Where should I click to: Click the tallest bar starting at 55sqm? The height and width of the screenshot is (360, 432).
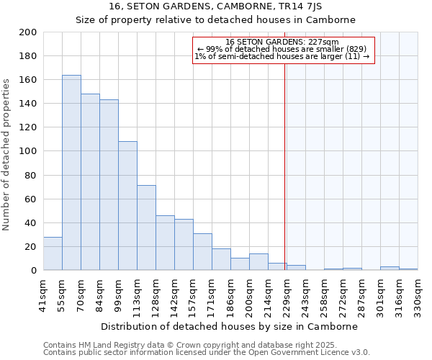click(x=71, y=173)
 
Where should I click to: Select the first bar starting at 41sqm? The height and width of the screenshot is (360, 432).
click(x=53, y=253)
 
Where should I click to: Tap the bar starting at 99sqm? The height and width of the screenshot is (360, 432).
click(x=127, y=206)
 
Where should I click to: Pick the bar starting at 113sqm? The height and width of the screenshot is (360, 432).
click(x=146, y=228)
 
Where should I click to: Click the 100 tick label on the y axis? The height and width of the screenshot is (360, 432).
click(x=28, y=151)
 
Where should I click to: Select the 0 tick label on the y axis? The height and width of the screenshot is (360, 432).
click(x=33, y=271)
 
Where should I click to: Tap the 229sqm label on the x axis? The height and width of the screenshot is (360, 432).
click(x=287, y=294)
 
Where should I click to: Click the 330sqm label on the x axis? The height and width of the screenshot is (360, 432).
click(x=418, y=294)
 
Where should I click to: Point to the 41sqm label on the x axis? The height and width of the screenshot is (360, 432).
click(x=43, y=294)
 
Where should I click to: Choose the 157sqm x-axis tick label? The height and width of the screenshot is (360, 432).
click(x=193, y=294)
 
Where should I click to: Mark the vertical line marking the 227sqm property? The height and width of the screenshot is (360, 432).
click(x=285, y=166)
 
